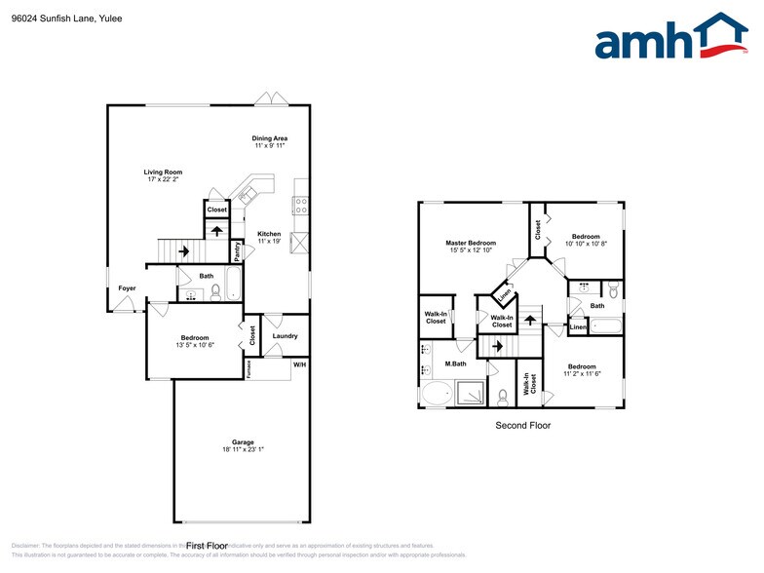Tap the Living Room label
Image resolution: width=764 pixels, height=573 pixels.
(x=165, y=172)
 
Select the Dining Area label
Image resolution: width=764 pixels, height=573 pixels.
(x=270, y=138)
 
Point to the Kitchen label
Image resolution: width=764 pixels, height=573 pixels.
(x=269, y=234)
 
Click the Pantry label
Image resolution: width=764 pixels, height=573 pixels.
(x=238, y=251)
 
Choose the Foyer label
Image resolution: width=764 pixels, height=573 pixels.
(x=127, y=288)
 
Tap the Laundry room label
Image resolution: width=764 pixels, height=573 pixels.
(x=285, y=336)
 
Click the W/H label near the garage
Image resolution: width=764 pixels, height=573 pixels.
(x=299, y=365)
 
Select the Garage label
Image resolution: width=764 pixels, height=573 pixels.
(x=243, y=442)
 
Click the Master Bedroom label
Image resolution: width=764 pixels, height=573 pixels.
(x=471, y=243)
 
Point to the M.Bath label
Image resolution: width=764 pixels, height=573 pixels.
(x=454, y=364)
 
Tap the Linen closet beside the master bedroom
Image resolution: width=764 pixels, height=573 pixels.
(x=505, y=291)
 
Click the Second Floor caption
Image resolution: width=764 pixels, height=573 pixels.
(x=523, y=426)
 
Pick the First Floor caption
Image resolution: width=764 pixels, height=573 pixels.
(x=207, y=546)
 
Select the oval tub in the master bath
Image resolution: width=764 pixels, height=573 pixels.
(x=438, y=395)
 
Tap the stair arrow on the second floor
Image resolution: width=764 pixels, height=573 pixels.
(x=495, y=346)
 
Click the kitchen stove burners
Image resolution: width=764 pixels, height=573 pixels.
(x=301, y=206)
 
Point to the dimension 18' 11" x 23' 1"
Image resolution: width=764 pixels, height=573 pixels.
(x=243, y=450)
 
